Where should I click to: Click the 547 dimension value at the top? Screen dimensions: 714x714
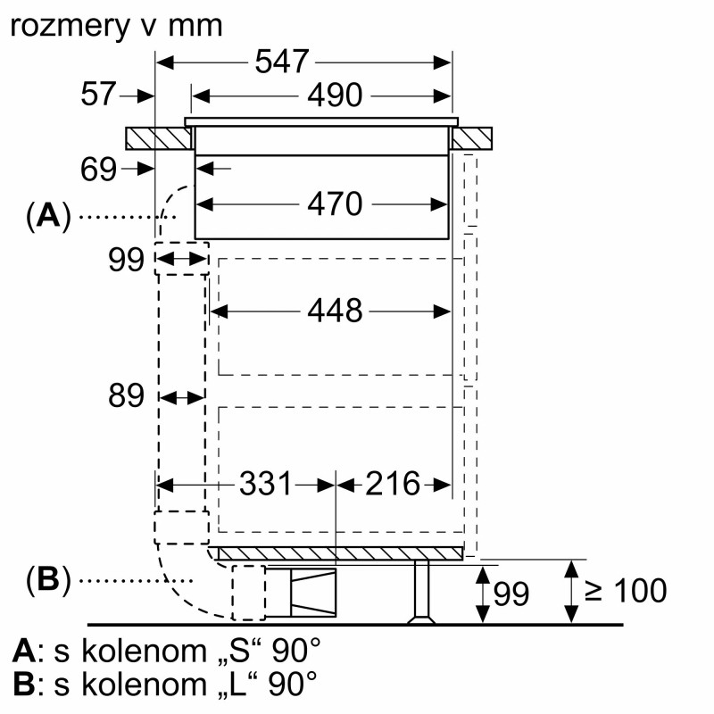(x=281, y=62)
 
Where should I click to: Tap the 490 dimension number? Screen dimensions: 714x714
(x=335, y=95)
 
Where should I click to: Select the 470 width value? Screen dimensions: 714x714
(x=335, y=203)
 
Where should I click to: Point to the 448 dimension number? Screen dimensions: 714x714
(x=335, y=311)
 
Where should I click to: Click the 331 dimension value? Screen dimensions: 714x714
(x=265, y=484)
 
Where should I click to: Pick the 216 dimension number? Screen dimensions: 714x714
(x=392, y=484)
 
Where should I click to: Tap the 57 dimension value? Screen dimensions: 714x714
(x=98, y=95)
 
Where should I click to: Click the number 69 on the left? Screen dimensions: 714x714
(x=98, y=170)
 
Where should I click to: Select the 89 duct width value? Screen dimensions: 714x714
(x=126, y=395)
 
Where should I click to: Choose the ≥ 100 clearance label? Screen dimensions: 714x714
(x=626, y=591)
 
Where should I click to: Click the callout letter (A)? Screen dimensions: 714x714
(x=49, y=215)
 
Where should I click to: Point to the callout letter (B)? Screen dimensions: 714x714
(x=49, y=579)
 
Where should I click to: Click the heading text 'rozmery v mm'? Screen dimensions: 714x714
(x=116, y=27)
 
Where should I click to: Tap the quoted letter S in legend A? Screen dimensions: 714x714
(x=238, y=651)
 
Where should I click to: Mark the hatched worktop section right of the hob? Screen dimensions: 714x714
(x=472, y=138)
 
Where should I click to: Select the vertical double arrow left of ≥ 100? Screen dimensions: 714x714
(x=571, y=592)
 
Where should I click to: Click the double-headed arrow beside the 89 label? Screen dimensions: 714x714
(x=182, y=397)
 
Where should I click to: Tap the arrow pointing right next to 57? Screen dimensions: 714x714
(x=137, y=96)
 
